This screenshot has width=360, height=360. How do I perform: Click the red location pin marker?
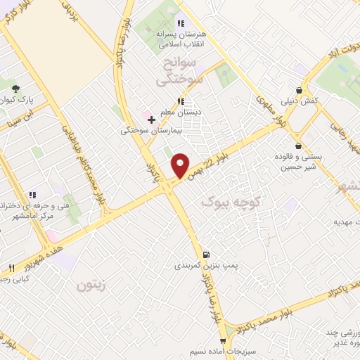(181, 165)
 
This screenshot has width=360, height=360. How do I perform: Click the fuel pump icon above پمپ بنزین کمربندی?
(205, 255)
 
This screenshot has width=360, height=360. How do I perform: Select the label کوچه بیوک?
(231, 202)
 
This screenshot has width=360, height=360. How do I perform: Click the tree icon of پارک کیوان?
(16, 89)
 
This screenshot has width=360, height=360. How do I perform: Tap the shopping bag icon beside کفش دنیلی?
(300, 91)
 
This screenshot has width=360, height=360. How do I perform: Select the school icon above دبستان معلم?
(180, 102)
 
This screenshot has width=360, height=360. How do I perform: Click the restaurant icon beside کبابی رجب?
(11, 268)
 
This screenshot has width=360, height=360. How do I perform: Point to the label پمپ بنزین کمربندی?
(204, 266)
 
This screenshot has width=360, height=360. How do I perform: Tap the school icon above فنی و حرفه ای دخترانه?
(31, 195)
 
